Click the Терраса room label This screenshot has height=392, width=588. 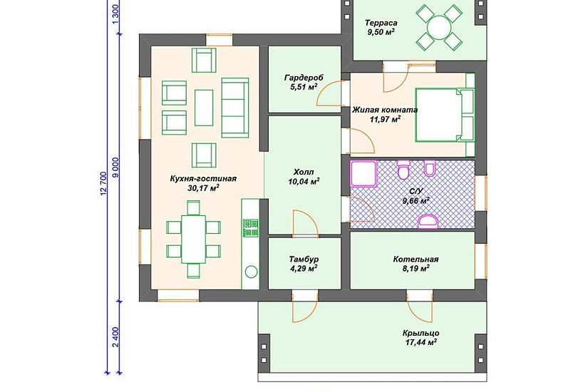pos(381,24)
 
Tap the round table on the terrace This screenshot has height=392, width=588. pos(439,27)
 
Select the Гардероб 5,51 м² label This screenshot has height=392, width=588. pos(304,83)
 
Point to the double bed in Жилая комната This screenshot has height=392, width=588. pos(445,115)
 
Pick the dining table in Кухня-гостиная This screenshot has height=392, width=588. pos(193,239)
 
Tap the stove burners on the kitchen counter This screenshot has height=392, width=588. pos(250,228)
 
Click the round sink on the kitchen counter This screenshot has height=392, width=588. pos(251,272)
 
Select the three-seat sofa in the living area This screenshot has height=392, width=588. pos(235,108)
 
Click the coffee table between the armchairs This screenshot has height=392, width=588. pos(204,108)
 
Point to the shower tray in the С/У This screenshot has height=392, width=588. pos(363,174)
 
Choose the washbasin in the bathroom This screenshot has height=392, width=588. pos(428,221)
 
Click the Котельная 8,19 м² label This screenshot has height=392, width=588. pos(416,264)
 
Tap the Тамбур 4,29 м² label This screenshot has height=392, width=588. pos(304,264)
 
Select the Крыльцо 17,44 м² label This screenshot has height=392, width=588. pos(421,337)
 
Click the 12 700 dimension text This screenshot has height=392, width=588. pos(103,184)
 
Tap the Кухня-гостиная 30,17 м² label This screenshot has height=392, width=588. pos(203,183)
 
